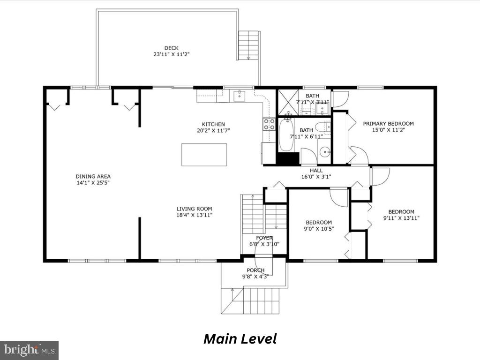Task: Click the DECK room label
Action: pyautogui.click(x=171, y=48)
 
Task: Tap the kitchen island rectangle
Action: pyautogui.click(x=204, y=155)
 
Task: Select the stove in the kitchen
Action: pyautogui.click(x=269, y=124)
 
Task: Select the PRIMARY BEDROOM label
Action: pyautogui.click(x=389, y=124)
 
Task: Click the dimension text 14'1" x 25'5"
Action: pyautogui.click(x=93, y=183)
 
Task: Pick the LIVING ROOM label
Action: pyautogui.click(x=194, y=209)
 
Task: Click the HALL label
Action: pyautogui.click(x=316, y=171)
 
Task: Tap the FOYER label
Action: pyautogui.click(x=264, y=238)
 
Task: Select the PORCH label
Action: pyautogui.click(x=255, y=270)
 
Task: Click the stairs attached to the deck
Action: pyautogui.click(x=248, y=45)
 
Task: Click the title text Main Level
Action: pyautogui.click(x=240, y=338)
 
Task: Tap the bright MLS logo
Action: pyautogui.click(x=29, y=350)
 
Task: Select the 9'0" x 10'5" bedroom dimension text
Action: pyautogui.click(x=319, y=229)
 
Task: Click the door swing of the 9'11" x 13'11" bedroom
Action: pyautogui.click(x=380, y=175)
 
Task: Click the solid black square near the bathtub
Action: pyautogui.click(x=287, y=158)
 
